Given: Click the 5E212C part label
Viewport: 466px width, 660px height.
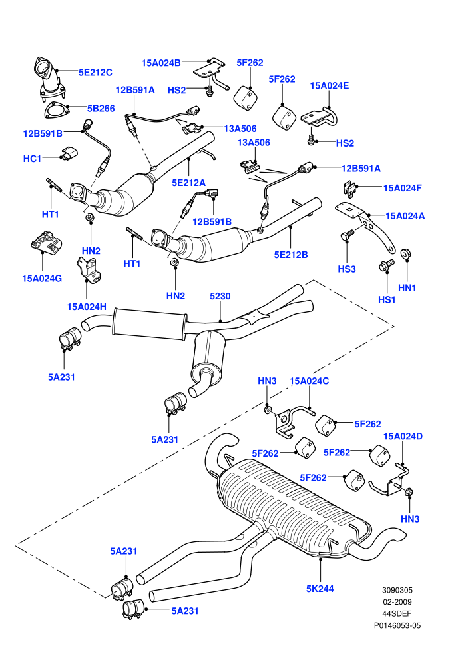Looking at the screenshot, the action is coord(95,73).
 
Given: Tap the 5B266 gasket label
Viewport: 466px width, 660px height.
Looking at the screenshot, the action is coord(101,109).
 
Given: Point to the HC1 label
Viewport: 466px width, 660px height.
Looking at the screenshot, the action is coord(33,159).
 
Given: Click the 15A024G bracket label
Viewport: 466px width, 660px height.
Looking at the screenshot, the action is coord(42,278).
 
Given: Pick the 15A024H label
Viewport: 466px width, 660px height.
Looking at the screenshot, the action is coord(87,307).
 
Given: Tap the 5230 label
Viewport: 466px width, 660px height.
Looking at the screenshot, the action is coord(220,296).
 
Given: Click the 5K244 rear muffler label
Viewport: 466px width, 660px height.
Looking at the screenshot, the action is coord(320,589).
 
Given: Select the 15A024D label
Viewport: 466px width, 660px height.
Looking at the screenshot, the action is coord(403,436).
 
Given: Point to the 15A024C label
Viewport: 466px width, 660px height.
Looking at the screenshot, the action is coord(310,381).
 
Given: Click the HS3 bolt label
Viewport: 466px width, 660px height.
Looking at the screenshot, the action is coord(347,269).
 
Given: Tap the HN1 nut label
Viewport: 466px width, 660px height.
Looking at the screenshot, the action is coord(407,288).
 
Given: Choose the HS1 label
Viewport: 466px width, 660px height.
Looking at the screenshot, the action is coord(387,300).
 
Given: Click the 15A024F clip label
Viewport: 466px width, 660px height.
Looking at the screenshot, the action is coord(403,188).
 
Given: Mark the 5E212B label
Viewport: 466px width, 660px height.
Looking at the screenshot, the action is coord(291,255).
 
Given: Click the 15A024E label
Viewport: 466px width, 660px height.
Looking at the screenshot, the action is coord(330,86).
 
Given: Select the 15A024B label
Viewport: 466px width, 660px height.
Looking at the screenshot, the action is coord(161,63).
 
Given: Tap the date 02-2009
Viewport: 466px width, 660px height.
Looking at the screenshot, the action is coord(397,602).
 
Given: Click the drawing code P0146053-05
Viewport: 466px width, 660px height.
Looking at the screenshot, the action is coord(397,625).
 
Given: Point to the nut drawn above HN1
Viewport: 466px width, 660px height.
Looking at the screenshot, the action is coord(406,254).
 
